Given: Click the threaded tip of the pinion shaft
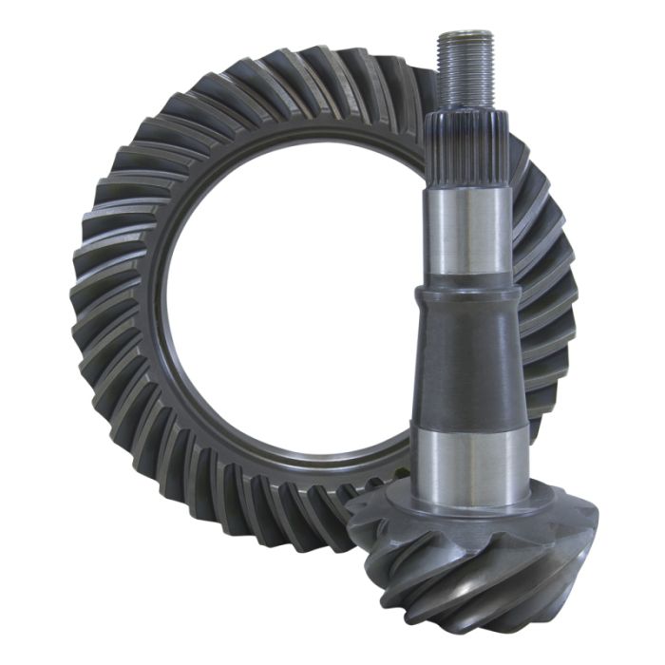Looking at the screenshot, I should click(x=465, y=66).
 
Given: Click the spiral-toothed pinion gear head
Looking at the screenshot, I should click(x=475, y=570).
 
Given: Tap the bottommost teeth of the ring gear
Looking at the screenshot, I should click(x=285, y=537).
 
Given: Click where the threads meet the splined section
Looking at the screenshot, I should click(x=466, y=108).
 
